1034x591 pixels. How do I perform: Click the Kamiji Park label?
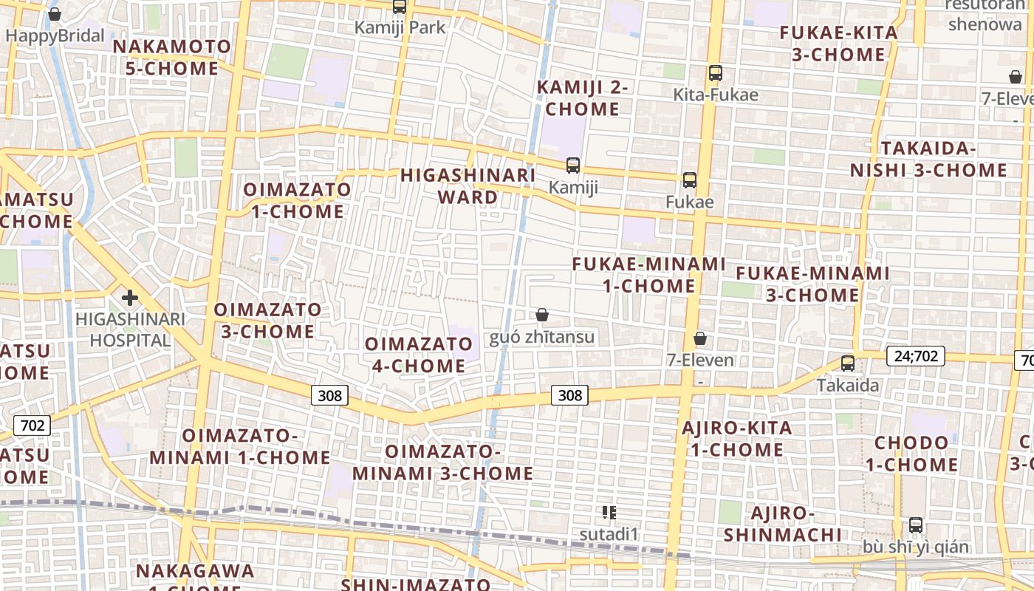[x=400, y=28]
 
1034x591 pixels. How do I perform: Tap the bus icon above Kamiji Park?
[x=400, y=7]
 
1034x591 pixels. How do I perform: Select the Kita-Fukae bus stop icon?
[x=715, y=73]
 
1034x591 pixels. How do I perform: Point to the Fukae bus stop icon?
[x=690, y=180]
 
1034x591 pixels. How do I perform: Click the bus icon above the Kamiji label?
[x=573, y=165]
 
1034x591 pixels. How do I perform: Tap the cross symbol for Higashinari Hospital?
[x=130, y=298]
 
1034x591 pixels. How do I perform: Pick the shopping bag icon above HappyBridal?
[x=55, y=14]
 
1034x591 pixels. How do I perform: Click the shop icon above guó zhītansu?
[x=542, y=315]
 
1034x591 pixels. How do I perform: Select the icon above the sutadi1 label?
[x=609, y=512]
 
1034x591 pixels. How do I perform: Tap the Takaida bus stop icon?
[x=848, y=363]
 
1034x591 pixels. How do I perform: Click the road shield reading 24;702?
[x=916, y=356]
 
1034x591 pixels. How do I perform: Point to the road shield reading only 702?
[x=32, y=426]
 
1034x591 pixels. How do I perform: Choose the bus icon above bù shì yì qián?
[x=916, y=525]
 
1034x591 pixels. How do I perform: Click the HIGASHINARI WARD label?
[x=468, y=186]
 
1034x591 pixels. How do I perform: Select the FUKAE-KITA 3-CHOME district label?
[x=839, y=44]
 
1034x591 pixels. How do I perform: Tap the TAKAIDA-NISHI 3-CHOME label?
[x=928, y=160]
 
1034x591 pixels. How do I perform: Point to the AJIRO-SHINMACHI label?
[x=783, y=524]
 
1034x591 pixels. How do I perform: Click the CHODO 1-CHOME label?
[x=911, y=454]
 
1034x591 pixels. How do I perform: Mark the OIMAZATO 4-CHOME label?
[x=419, y=355]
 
